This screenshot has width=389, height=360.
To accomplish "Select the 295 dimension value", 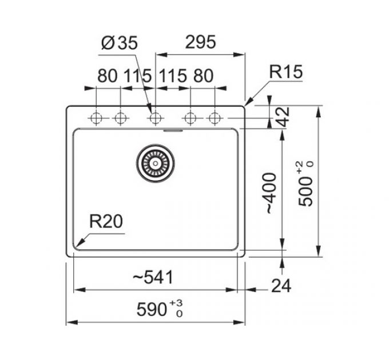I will [200, 42].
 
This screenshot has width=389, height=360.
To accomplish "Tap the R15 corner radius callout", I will [285, 73].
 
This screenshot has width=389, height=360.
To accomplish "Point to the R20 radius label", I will [106, 222].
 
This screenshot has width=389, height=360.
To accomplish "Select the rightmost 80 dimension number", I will [203, 75].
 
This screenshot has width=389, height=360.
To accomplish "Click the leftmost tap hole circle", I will [96, 118].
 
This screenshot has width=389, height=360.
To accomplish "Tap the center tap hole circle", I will [154, 118].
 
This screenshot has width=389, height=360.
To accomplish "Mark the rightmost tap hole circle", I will [215, 118].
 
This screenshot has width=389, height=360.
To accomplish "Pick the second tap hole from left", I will [120, 118].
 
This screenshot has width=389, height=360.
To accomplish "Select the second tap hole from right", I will [190, 118].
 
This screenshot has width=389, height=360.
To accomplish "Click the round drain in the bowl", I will [154, 162].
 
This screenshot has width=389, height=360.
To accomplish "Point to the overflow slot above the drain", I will [172, 130].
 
